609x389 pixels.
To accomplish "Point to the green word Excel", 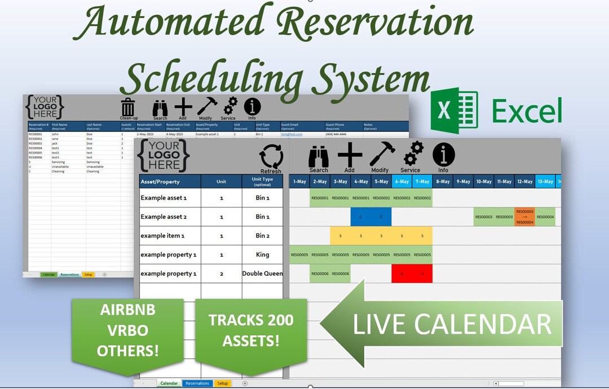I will coord(527,110).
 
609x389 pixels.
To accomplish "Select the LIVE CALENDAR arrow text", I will coord(452,324).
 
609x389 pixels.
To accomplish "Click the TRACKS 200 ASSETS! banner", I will coord(251,330).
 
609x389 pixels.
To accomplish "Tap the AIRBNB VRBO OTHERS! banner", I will coord(127,330).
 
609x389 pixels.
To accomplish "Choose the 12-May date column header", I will coord(524,182).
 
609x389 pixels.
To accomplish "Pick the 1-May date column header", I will coord(299,182).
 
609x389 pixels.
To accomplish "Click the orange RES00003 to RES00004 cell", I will coord(524,217).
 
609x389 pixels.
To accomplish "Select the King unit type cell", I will coord(262,255).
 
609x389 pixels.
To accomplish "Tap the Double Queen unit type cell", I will coord(262,273).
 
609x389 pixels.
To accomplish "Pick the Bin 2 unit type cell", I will coord(262,236).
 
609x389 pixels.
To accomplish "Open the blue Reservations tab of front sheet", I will coord(197,383).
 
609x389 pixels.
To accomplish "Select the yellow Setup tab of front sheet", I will coord(223,383).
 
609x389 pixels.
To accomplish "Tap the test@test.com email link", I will coord(292,134).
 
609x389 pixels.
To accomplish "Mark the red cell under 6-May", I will coord(401,273).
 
